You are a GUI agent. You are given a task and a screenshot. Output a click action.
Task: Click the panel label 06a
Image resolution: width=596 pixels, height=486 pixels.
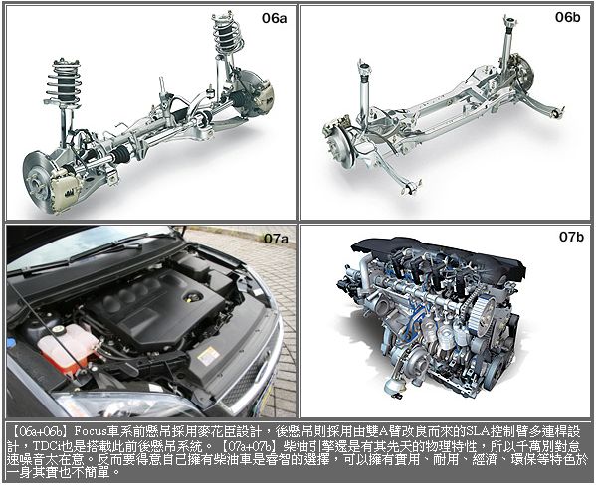[274, 18]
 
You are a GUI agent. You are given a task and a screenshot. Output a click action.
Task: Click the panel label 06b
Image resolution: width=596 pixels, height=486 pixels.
[567, 17]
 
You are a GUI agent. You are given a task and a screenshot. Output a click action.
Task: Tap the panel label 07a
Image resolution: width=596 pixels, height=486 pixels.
[276, 239]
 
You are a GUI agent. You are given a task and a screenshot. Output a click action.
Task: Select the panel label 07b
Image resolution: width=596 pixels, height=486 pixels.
[571, 237]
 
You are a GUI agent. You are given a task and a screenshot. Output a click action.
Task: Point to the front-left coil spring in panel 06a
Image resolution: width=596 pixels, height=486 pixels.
[64, 82]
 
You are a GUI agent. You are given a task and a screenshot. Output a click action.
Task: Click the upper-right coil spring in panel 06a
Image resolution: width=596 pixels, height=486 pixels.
[228, 33]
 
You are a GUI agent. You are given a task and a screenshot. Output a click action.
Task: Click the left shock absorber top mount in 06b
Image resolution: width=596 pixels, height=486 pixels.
[364, 69]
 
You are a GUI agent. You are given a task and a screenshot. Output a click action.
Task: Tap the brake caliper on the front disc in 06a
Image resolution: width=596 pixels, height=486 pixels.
[68, 187]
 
